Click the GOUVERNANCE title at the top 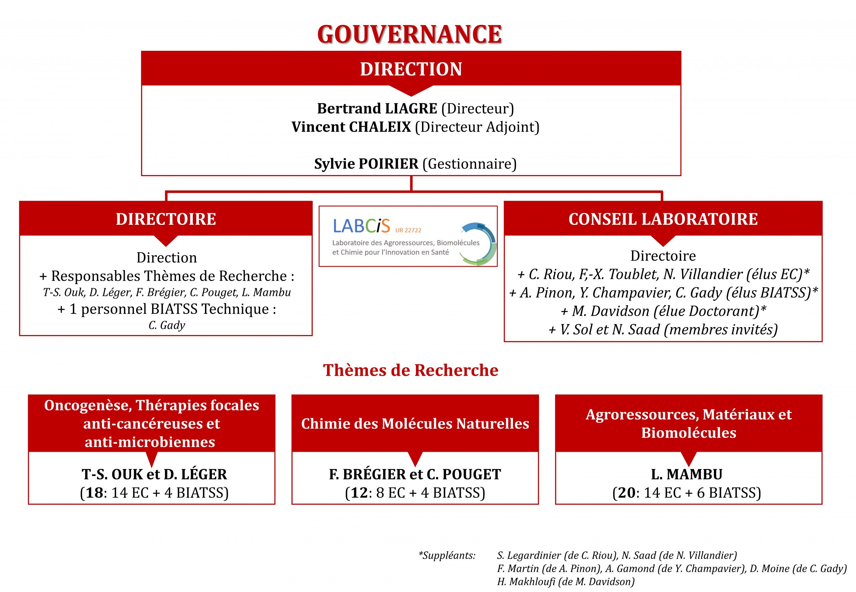pyautogui.click(x=410, y=34)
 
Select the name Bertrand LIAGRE pyautogui.click(x=377, y=108)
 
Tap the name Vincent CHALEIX pyautogui.click(x=351, y=127)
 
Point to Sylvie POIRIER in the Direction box pyautogui.click(x=366, y=164)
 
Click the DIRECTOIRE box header pyautogui.click(x=166, y=219)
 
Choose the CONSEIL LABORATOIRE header pyautogui.click(x=663, y=219)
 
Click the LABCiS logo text pyautogui.click(x=361, y=226)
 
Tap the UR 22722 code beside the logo pyautogui.click(x=408, y=230)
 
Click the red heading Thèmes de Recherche pyautogui.click(x=411, y=370)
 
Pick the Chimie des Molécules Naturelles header pyautogui.click(x=415, y=424)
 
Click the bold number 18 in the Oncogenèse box pyautogui.click(x=94, y=492)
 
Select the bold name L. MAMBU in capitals pyautogui.click(x=687, y=474)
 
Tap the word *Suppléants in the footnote pyautogui.click(x=447, y=555)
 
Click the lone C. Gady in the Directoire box pyautogui.click(x=167, y=325)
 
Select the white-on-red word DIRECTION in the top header pyautogui.click(x=411, y=69)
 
